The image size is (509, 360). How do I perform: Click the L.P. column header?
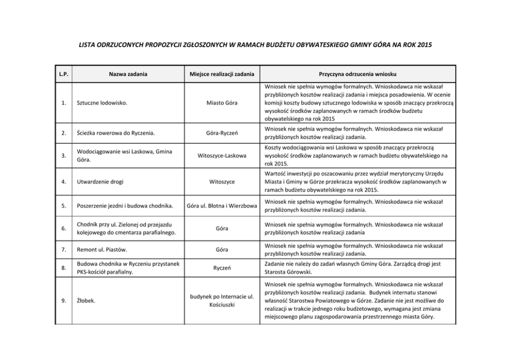tap(64, 74)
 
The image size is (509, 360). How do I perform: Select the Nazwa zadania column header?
tap(128, 74)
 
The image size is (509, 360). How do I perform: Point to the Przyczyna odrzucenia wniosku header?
tap(357, 74)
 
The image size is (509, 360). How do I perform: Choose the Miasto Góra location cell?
tap(222, 103)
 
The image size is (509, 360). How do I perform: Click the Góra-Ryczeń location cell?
tap(222, 134)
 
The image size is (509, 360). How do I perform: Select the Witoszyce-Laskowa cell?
tap(222, 155)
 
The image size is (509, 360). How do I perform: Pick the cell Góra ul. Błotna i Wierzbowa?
tap(222, 206)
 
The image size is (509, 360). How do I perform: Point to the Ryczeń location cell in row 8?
tap(222, 268)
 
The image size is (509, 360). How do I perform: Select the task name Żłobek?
tap(85, 301)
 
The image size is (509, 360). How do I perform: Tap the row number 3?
tap(64, 155)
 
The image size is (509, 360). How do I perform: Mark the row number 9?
tap(64, 301)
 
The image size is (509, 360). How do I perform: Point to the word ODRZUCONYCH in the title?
tap(113, 45)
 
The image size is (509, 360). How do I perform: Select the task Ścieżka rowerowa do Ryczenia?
tap(115, 134)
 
